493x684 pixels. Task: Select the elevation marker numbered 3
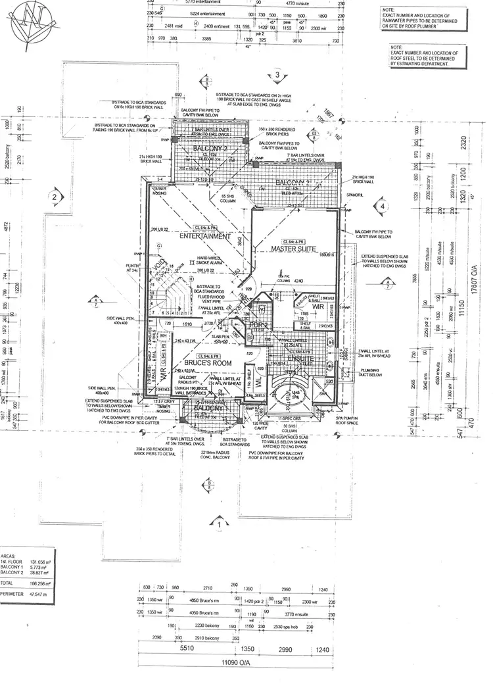pyautogui.click(x=278, y=76)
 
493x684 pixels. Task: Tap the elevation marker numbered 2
pyautogui.click(x=55, y=196)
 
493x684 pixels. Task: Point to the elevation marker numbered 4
pyautogui.click(x=382, y=206)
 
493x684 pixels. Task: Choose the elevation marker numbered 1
pyautogui.click(x=218, y=524)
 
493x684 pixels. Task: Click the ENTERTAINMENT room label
pyautogui.click(x=208, y=235)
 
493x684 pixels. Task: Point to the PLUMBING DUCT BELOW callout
pyautogui.click(x=375, y=374)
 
